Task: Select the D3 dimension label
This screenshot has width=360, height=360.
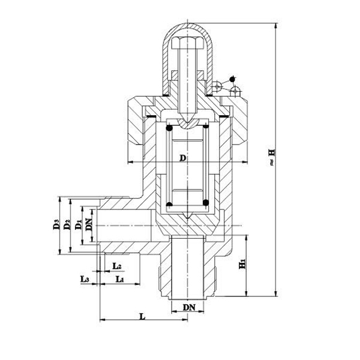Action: pyautogui.click(x=56, y=226)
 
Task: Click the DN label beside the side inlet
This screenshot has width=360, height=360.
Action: pyautogui.click(x=89, y=226)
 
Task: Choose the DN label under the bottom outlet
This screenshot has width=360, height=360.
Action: pyautogui.click(x=188, y=307)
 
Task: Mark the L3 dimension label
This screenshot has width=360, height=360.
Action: pyautogui.click(x=85, y=279)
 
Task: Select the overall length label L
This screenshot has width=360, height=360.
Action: pyautogui.click(x=143, y=315)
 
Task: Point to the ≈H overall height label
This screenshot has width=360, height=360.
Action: pyautogui.click(x=272, y=157)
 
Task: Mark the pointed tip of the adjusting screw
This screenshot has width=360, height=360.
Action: pyautogui.click(x=188, y=121)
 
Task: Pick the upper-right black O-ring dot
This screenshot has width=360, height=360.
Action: pyautogui.click(x=206, y=126)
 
